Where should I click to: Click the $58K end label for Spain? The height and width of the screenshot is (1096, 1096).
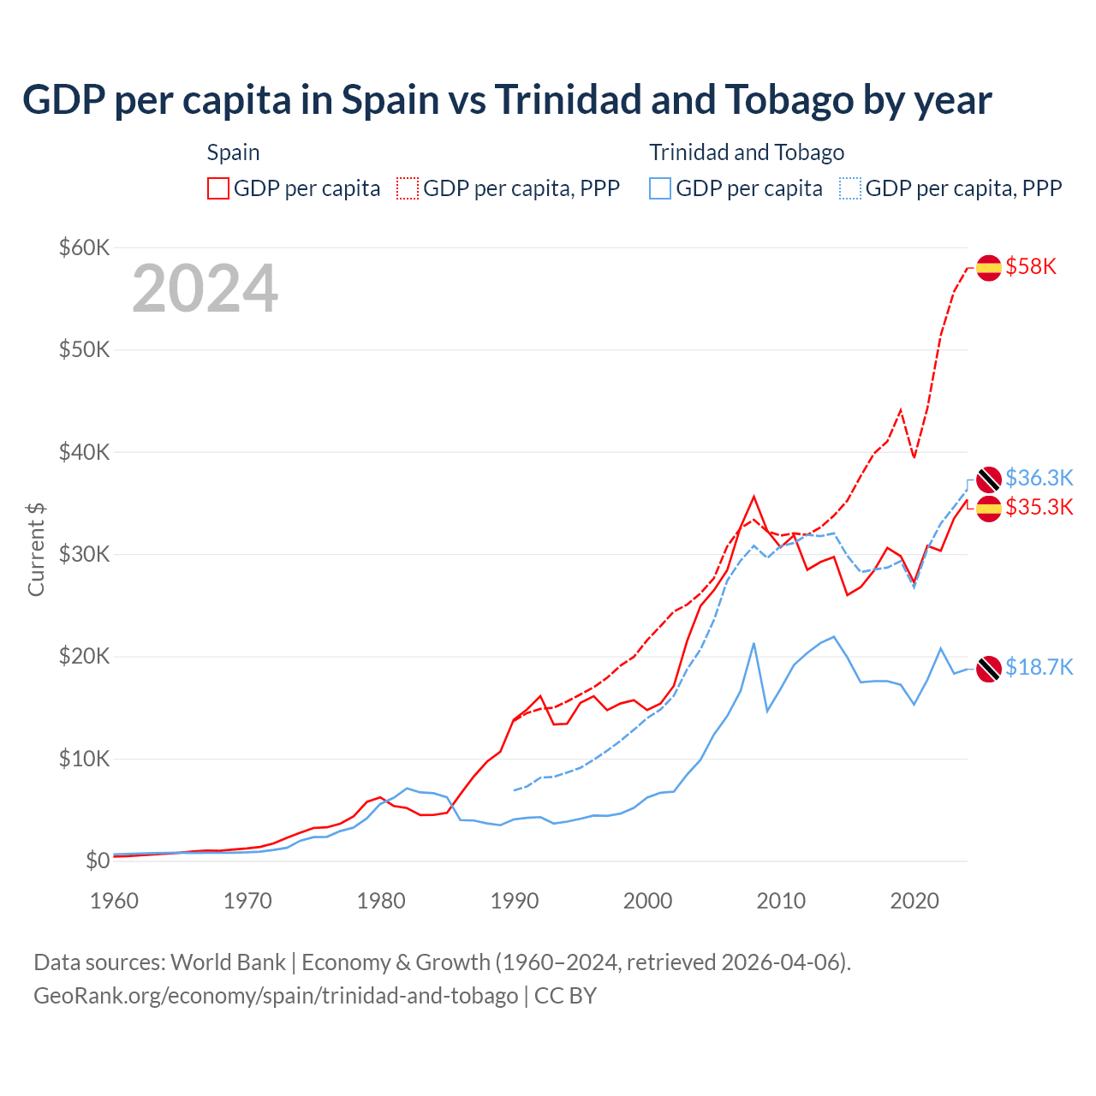[1031, 266]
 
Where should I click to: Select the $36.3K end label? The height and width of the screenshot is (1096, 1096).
[1039, 478]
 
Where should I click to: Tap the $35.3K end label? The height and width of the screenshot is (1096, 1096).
[1039, 507]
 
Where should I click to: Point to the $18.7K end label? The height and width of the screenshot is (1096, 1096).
[1039, 667]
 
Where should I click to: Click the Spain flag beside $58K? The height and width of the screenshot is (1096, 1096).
[989, 267]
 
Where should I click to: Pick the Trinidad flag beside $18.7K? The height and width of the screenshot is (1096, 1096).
[989, 668]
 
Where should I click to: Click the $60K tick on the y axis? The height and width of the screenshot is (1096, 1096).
[84, 247]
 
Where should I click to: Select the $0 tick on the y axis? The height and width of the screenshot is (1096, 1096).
[98, 861]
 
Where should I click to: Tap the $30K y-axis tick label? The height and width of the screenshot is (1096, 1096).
[84, 554]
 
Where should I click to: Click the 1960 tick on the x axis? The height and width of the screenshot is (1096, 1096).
[114, 901]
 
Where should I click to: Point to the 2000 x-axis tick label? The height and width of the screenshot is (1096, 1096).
[647, 901]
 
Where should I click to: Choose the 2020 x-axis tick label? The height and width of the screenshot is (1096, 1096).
[914, 901]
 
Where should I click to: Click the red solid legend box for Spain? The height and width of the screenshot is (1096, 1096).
[218, 188]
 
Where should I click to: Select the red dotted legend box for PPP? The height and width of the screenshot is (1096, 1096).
[408, 188]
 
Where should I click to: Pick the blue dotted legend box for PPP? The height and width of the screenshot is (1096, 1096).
[850, 188]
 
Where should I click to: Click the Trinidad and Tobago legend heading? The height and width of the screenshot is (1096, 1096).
[747, 152]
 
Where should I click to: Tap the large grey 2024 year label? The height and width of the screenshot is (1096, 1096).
[205, 289]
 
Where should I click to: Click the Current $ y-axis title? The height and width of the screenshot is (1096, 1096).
[36, 550]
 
